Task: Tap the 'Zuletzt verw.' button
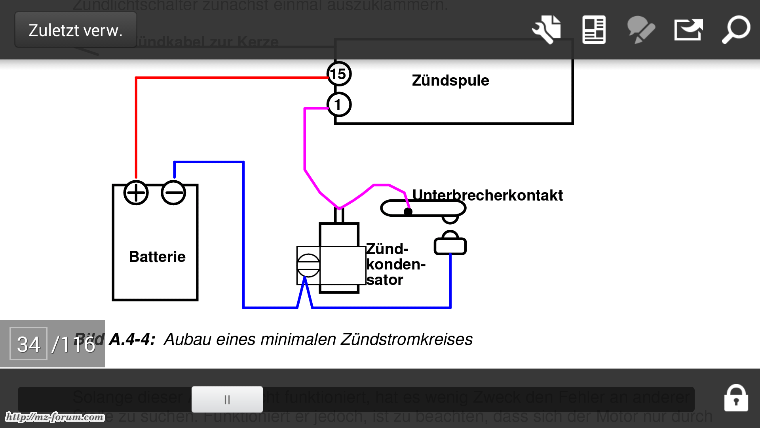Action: (76, 30)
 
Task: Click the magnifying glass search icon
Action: (736, 29)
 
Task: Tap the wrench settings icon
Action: (546, 29)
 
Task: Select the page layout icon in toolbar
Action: (594, 30)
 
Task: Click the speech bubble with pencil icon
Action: (641, 30)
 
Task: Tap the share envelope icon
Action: (688, 30)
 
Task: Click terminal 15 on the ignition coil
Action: (339, 74)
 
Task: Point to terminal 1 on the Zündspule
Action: (339, 105)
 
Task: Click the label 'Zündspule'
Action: (450, 80)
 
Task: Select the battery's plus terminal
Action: (136, 193)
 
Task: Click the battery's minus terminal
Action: (173, 193)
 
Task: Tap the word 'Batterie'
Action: (157, 257)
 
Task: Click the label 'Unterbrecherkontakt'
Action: (487, 195)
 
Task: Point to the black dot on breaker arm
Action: (408, 212)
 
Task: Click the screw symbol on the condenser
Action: (308, 265)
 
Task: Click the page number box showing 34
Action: (28, 344)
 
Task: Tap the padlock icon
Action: (736, 399)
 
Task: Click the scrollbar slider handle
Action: (227, 399)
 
